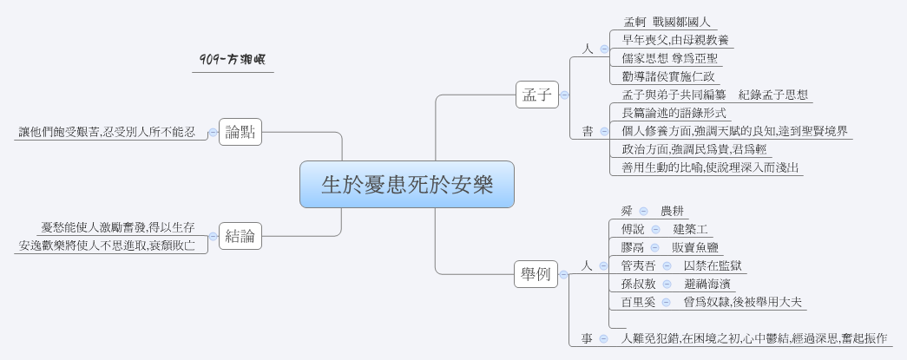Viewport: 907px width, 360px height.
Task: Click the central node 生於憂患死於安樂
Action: tap(407, 185)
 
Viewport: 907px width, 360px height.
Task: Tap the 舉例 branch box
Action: tap(536, 275)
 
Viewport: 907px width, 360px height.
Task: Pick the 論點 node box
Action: tap(240, 132)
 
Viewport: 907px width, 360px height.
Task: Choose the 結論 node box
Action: tap(240, 235)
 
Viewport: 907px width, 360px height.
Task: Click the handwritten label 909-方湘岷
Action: tap(233, 60)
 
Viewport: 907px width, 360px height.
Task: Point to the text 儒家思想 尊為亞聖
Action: tap(666, 58)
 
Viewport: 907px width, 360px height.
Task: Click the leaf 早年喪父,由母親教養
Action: tap(676, 40)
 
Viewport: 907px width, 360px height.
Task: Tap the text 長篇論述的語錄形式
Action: tap(674, 113)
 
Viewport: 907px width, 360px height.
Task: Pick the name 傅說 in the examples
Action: tap(634, 229)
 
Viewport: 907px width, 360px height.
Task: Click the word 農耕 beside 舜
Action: tap(673, 211)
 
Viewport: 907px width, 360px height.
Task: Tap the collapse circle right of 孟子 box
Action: tap(564, 95)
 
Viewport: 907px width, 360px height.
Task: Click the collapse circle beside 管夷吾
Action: tap(667, 265)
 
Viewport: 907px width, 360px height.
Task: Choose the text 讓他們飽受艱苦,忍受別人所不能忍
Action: tap(107, 132)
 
